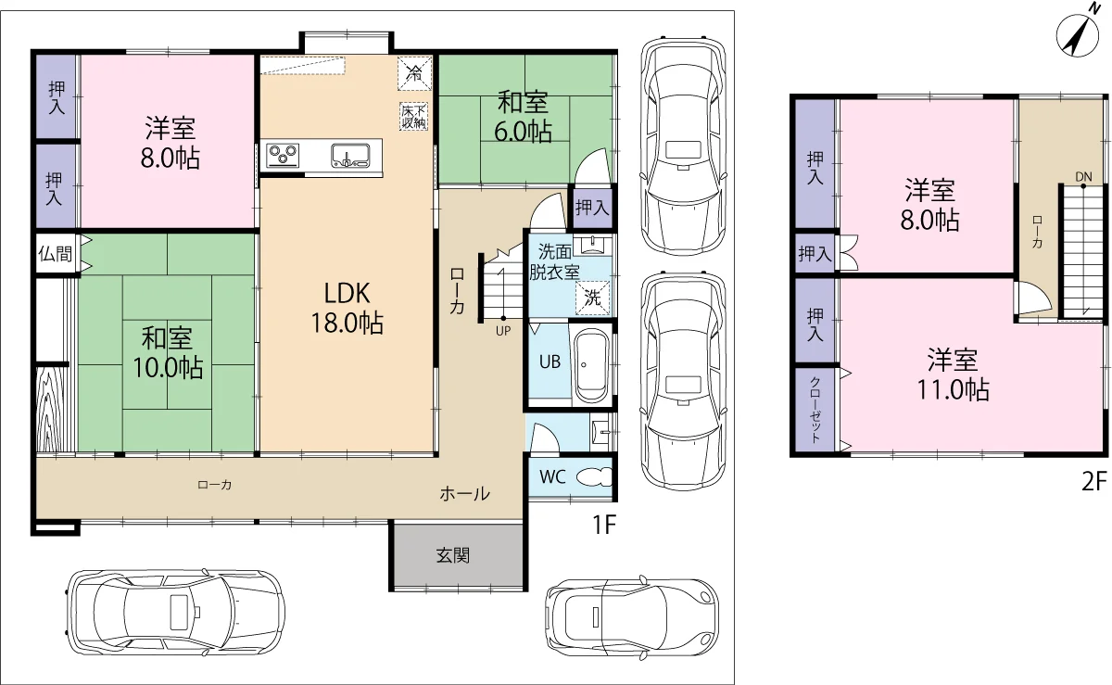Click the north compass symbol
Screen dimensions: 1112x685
coord(1077,36)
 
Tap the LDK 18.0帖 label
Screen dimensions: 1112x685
coord(347,308)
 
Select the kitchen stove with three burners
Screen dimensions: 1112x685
coord(283,155)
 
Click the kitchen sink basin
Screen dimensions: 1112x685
coord(350,155)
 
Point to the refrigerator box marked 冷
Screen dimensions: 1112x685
coord(414,73)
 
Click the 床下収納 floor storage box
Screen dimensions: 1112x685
coord(413,117)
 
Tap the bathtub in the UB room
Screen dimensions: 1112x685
coord(590,364)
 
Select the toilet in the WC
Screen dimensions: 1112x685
coord(594,477)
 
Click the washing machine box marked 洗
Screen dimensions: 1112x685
coord(592,298)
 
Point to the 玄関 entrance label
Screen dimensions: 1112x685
coord(453,555)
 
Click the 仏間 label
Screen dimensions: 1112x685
coord(55,254)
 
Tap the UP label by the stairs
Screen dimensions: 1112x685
coord(503,331)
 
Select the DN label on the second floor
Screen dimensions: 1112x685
coord(1083,177)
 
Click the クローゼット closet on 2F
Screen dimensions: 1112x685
coord(815,410)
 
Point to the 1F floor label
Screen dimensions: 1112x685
coord(603,525)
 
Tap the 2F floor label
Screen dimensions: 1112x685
coord(1093,481)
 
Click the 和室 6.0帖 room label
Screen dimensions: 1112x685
coord(523,117)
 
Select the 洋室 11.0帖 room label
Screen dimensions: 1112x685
coord(953,374)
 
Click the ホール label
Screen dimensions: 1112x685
coord(464,494)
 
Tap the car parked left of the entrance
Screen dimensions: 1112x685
coord(175,612)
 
